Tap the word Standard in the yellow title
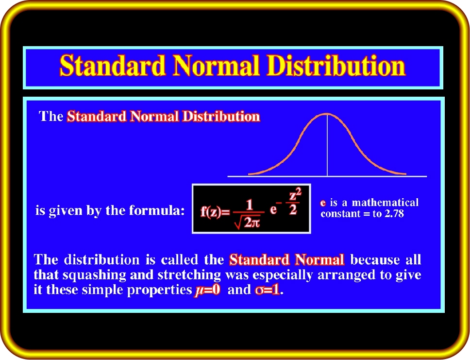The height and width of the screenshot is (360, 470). tap(113, 66)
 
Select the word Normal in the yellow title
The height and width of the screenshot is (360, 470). tap(216, 66)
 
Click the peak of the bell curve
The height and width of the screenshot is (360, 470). tap(327, 114)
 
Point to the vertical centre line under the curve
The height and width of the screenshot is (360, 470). tap(327, 145)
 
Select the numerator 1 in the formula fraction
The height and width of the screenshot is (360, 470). tap(249, 206)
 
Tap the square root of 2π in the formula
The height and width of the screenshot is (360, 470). tap(248, 223)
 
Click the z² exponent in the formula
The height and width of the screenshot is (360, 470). tap(295, 195)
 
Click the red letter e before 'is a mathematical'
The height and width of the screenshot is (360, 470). tap(323, 203)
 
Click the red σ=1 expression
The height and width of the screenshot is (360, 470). tap(268, 290)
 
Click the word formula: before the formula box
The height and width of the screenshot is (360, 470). tap(156, 210)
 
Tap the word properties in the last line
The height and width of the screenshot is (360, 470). tap(159, 290)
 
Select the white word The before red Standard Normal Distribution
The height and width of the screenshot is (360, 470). tap(50, 116)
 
